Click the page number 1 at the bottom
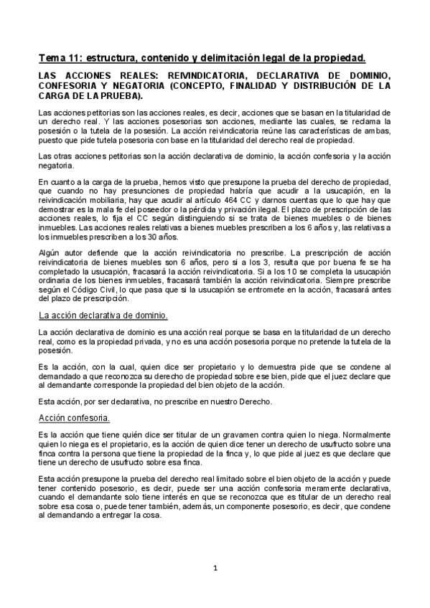[215, 567]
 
